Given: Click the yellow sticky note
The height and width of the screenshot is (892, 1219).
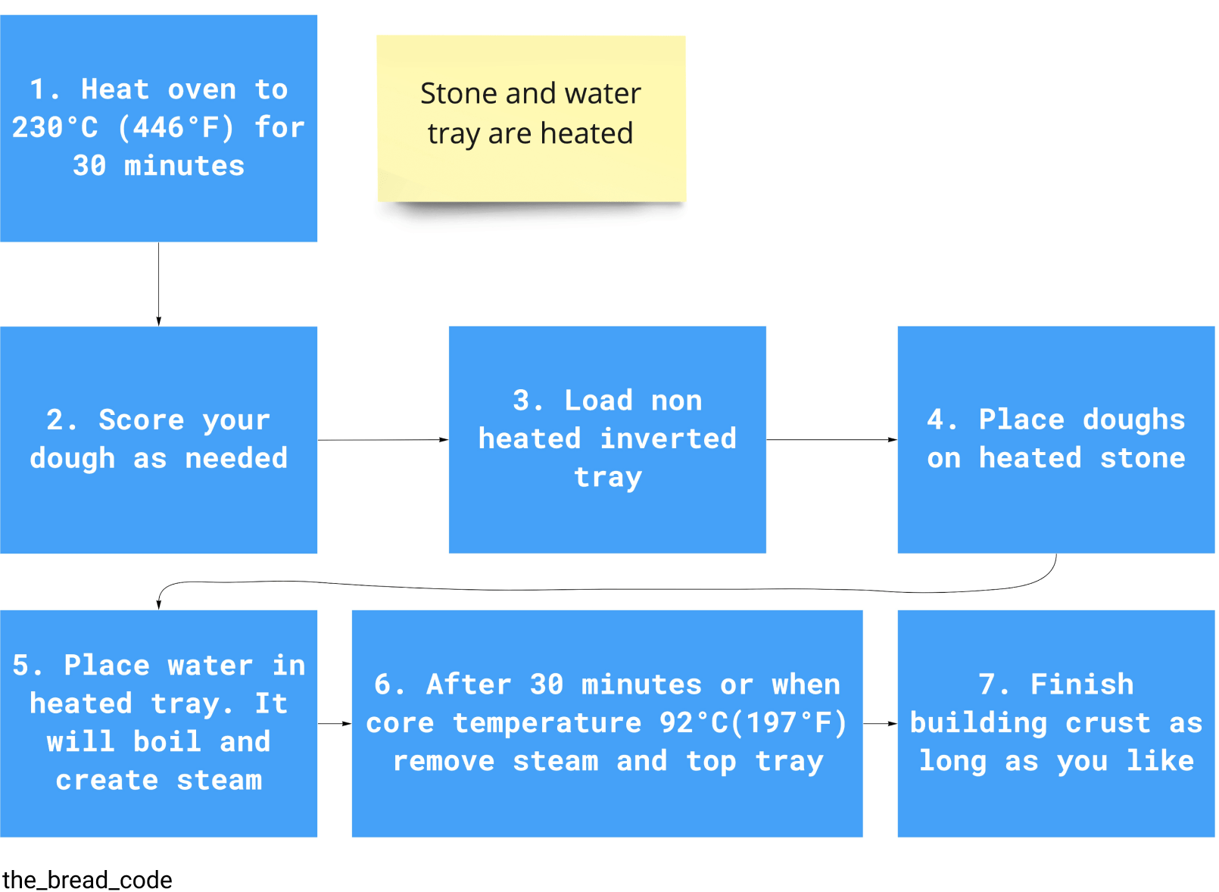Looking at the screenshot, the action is pos(532,119).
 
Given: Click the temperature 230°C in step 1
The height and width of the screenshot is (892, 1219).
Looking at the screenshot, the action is pos(55,128).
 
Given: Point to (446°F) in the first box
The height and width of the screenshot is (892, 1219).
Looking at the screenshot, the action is pos(176,128).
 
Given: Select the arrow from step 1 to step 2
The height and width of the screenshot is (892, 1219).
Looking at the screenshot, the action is pos(159,285).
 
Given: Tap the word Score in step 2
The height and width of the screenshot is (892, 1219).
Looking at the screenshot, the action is pos(142,421).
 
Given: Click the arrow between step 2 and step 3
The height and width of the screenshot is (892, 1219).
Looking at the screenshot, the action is pos(384,440).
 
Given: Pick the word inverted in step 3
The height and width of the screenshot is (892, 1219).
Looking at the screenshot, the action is pos(669,439).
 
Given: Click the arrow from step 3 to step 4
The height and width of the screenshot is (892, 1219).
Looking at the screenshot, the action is pos(833,440).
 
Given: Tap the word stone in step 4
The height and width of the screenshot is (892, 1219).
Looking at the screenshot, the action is pos(1143,458).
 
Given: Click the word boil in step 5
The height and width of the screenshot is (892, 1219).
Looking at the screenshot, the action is pos(167,742).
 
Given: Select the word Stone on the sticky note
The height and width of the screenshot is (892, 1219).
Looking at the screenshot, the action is pos(460,94).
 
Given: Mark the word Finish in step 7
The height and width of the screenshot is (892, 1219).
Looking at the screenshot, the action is pos(1083,685).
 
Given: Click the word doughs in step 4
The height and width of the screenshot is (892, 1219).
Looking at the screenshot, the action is pos(1135,421).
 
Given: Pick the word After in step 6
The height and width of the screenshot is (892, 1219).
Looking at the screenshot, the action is pos(469,685).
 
